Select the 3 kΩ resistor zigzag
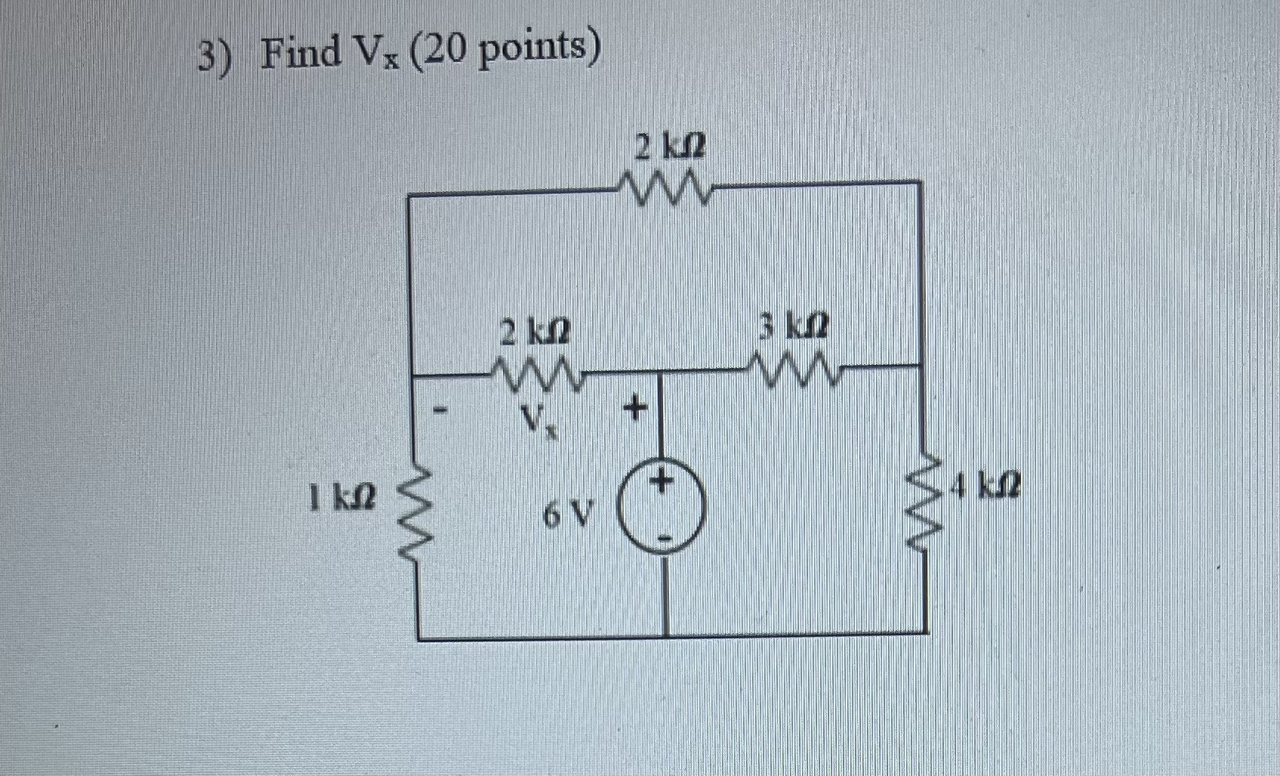click(794, 370)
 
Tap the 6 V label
click(568, 515)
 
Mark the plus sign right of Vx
click(635, 410)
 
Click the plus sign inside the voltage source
click(662, 481)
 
